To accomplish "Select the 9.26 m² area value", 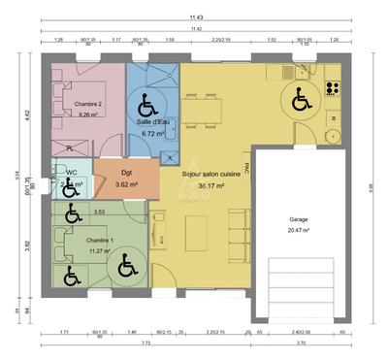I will tap(89, 114).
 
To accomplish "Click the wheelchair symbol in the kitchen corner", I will tap(299, 98).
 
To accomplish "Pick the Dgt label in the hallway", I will tap(126, 173).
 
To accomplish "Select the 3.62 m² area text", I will tap(126, 184).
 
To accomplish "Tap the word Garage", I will tap(299, 220).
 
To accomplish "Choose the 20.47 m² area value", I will tap(299, 231).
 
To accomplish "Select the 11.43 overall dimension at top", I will tap(197, 17).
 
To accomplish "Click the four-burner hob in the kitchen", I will tap(333, 88).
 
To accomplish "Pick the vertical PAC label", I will tap(247, 167).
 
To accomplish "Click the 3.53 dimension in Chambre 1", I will tap(99, 212).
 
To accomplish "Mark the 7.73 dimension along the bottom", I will tap(144, 344).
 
